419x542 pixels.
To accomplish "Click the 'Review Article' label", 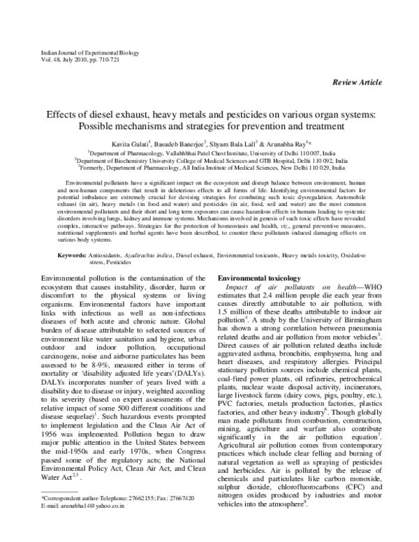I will [357, 82].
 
